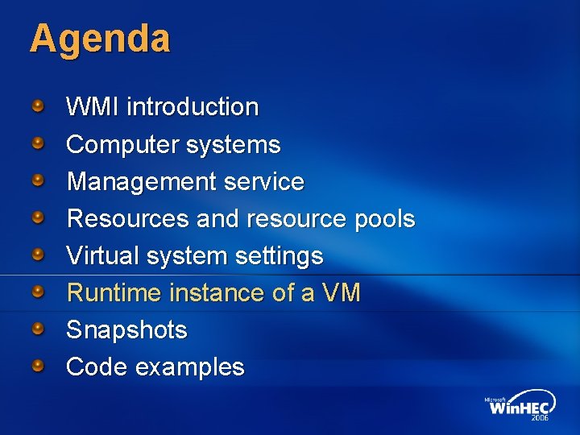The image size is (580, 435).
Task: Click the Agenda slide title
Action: [x=100, y=39]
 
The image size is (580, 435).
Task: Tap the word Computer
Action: [x=122, y=145]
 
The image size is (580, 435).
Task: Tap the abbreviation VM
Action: [x=342, y=293]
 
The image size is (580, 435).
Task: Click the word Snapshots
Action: [x=126, y=330]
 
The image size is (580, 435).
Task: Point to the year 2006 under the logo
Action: [x=540, y=419]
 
